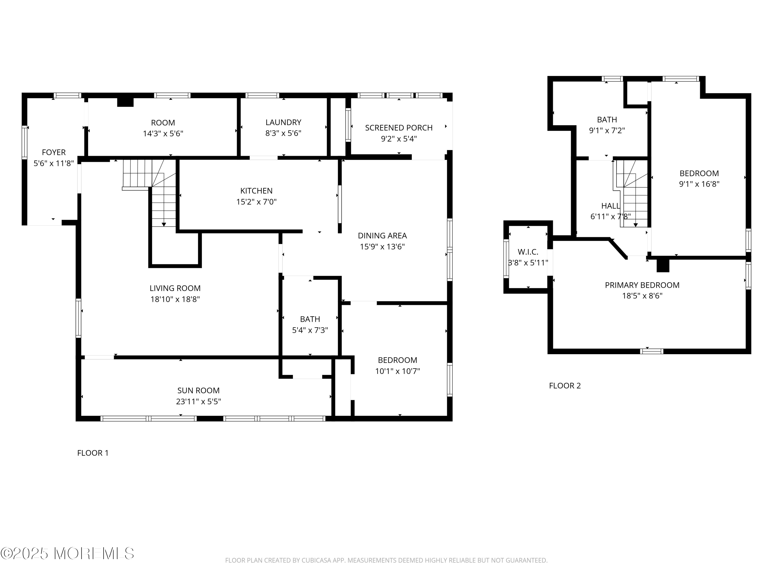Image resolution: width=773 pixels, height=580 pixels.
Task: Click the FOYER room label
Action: (54, 152)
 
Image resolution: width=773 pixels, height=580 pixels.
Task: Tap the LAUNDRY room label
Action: (283, 122)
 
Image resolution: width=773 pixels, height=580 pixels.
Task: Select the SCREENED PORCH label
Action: (399, 128)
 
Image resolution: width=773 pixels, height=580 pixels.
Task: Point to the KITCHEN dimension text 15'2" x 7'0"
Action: (256, 202)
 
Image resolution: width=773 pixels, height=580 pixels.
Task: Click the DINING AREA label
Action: (382, 236)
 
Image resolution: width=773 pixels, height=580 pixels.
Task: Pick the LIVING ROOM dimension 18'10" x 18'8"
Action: (175, 299)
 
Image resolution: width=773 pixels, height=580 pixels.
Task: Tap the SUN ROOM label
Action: (198, 391)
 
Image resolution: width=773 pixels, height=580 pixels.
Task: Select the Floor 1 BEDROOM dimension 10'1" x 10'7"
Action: (398, 371)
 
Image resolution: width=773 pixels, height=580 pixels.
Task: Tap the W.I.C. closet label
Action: (528, 252)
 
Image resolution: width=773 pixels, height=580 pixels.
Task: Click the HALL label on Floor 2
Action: (610, 206)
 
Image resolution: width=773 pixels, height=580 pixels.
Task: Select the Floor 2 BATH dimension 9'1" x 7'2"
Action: (607, 131)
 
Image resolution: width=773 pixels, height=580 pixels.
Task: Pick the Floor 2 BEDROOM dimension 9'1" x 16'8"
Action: (699, 184)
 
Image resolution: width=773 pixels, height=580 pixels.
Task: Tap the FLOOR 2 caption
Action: (565, 386)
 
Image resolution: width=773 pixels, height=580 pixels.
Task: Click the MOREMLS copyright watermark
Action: (67, 553)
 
